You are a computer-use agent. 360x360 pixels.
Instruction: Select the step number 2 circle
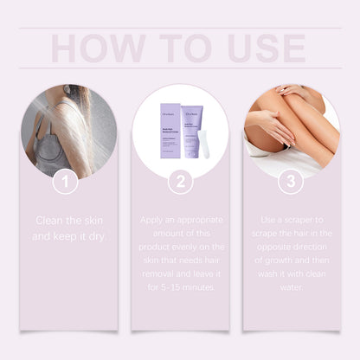pyautogui.click(x=180, y=182)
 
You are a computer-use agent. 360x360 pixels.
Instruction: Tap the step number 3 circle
pyautogui.click(x=292, y=182)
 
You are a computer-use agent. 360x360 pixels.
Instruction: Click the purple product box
pyautogui.click(x=169, y=133)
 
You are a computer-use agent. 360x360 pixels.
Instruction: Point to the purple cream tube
pyautogui.click(x=194, y=125)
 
